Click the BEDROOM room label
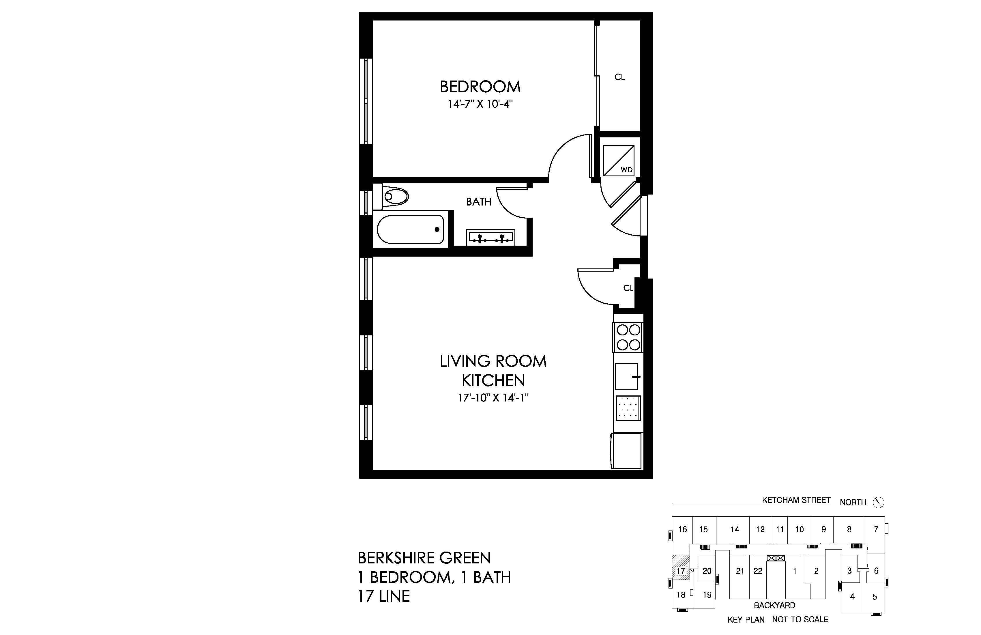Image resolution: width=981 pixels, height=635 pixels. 480,87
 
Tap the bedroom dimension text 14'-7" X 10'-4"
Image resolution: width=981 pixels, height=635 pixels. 480,104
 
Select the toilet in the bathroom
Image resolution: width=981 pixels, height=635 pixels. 390,197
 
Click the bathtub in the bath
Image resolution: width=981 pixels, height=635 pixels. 411,229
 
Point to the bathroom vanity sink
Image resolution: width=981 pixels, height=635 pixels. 490,238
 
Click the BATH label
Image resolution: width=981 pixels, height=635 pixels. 479,202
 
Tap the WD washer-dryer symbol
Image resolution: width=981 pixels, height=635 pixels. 619,161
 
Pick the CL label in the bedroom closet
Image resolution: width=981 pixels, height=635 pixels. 619,77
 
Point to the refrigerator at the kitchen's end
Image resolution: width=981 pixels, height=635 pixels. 626,451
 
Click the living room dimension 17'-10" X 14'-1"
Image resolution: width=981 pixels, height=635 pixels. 493,398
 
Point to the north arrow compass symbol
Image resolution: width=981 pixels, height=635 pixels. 878,502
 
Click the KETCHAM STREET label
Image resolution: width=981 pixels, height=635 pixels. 796,500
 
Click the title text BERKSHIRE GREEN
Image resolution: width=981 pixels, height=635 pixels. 424,558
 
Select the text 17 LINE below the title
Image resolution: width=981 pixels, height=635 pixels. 384,596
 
